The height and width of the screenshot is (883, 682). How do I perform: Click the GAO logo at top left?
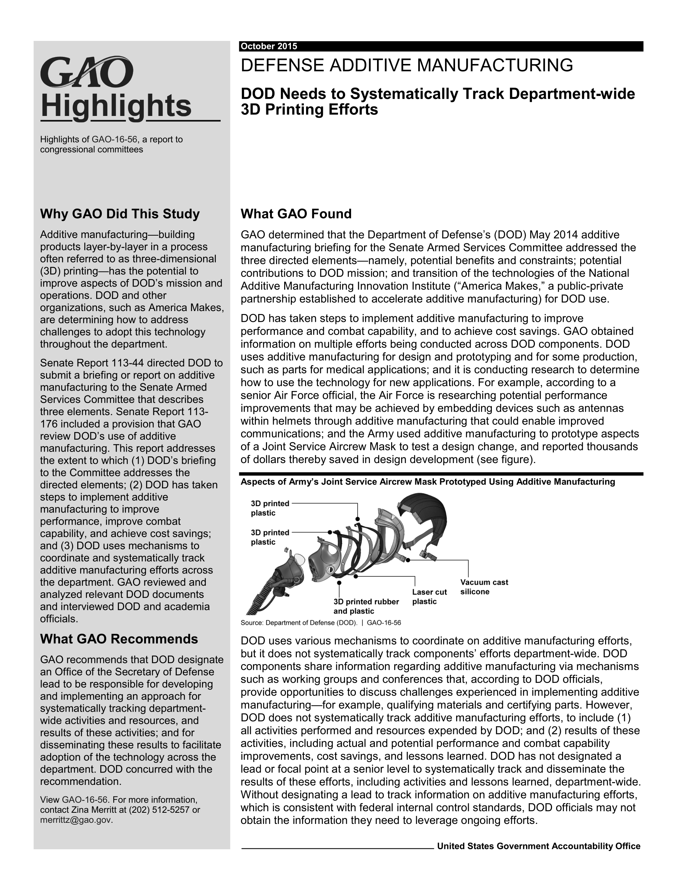(x=87, y=72)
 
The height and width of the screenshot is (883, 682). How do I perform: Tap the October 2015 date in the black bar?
(x=269, y=46)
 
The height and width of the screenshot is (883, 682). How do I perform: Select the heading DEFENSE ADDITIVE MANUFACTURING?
(x=406, y=65)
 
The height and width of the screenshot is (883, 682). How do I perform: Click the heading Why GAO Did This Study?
(x=120, y=214)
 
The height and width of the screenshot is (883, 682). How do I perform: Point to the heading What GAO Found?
(x=296, y=214)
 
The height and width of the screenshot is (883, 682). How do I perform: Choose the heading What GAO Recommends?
(x=119, y=639)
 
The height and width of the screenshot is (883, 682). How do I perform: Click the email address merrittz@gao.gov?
(x=76, y=820)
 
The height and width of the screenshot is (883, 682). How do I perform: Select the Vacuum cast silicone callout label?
(x=484, y=587)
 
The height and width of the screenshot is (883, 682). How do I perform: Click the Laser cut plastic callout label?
(x=429, y=597)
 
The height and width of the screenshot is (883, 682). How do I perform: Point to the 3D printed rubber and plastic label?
(x=366, y=606)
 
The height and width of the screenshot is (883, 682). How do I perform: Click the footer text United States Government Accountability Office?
(x=539, y=846)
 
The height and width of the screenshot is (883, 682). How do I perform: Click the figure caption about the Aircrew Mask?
(x=428, y=482)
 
